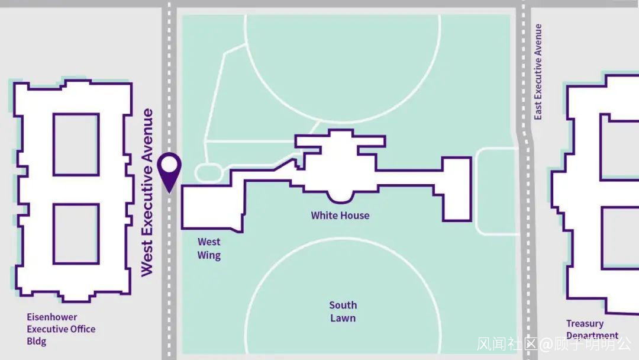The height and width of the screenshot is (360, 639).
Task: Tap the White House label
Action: click(340, 216)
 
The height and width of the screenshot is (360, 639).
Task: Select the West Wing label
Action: click(209, 249)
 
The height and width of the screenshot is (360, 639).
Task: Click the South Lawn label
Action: click(343, 311)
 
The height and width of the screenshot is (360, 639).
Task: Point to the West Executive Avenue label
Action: click(147, 192)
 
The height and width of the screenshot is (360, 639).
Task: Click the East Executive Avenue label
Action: click(538, 72)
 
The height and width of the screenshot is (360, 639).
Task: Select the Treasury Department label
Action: click(592, 329)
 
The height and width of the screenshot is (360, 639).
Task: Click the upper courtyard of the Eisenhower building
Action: click(76, 144)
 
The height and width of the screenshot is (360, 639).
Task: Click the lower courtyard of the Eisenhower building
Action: click(76, 234)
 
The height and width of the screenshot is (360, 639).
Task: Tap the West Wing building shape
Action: click(211, 207)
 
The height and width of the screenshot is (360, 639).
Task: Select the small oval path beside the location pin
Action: click(208, 173)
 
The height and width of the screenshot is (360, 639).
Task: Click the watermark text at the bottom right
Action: click(554, 344)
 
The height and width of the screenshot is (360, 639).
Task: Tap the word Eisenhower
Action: click(52, 317)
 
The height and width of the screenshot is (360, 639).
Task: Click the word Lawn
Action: click(343, 319)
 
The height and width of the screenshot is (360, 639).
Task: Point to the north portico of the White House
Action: click(340, 141)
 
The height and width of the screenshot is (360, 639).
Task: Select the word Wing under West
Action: click(209, 256)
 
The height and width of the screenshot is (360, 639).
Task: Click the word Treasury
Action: click(585, 323)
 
